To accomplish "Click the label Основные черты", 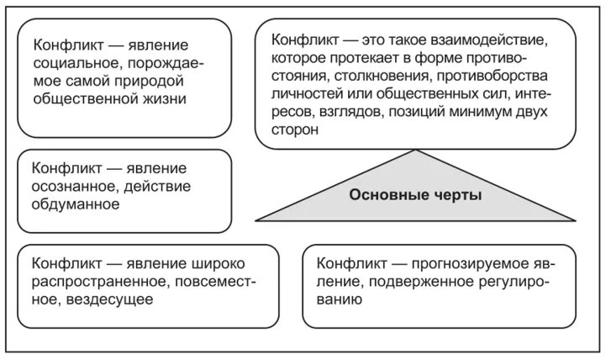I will tap(415, 195).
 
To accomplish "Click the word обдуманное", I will tap(74, 204).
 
